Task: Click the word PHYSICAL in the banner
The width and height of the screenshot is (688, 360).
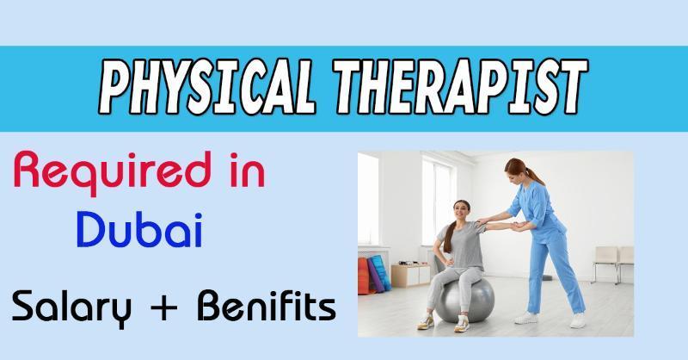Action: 207,87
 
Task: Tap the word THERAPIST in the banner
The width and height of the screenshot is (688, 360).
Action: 460,87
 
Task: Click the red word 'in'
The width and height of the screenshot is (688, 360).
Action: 247,170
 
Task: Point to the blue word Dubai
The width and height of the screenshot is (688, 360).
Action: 139,229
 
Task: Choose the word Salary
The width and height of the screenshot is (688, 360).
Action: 71,307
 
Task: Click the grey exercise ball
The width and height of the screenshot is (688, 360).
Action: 465,301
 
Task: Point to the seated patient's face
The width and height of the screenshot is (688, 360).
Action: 461,211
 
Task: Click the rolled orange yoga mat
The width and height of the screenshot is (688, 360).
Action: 363,276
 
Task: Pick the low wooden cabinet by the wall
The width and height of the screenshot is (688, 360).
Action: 411,275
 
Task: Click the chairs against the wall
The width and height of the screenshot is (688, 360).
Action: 612,263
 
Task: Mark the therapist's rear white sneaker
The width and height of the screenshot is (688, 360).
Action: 526,318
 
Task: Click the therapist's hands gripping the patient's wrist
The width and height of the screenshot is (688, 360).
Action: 519,226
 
